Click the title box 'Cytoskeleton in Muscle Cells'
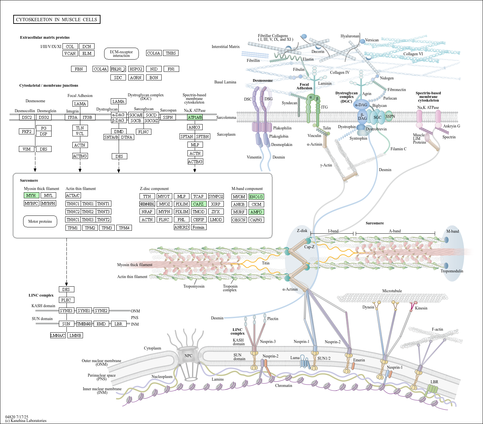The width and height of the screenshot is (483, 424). pyautogui.click(x=57, y=20)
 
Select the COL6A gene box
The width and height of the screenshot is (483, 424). pyautogui.click(x=154, y=53)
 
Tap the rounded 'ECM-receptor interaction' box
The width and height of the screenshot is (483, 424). pyautogui.click(x=121, y=54)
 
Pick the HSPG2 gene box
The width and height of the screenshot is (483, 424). pyautogui.click(x=136, y=69)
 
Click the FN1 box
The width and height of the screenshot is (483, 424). pyautogui.click(x=171, y=69)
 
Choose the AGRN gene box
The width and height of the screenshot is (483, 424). pyautogui.click(x=136, y=77)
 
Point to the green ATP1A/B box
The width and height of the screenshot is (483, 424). pyautogui.click(x=195, y=117)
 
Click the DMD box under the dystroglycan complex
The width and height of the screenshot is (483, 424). pyautogui.click(x=119, y=131)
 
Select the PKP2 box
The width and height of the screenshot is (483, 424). pyautogui.click(x=27, y=131)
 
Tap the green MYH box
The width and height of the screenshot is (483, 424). pyautogui.click(x=31, y=195)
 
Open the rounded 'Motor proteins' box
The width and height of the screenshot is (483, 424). pyautogui.click(x=40, y=221)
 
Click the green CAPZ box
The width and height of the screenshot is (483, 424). pyautogui.click(x=198, y=204)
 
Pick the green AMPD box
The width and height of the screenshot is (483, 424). pyautogui.click(x=256, y=212)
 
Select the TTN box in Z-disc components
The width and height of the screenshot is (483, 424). pyautogui.click(x=147, y=196)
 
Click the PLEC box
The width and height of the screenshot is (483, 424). pyautogui.click(x=66, y=300)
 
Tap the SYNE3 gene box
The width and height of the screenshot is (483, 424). pyautogui.click(x=66, y=310)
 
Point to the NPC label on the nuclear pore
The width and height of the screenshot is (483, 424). pyautogui.click(x=188, y=356)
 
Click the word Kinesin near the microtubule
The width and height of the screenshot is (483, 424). pyautogui.click(x=421, y=308)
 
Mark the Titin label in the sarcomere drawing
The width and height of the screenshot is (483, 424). pyautogui.click(x=266, y=263)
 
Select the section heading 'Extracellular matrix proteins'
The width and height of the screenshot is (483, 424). pyautogui.click(x=45, y=37)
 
